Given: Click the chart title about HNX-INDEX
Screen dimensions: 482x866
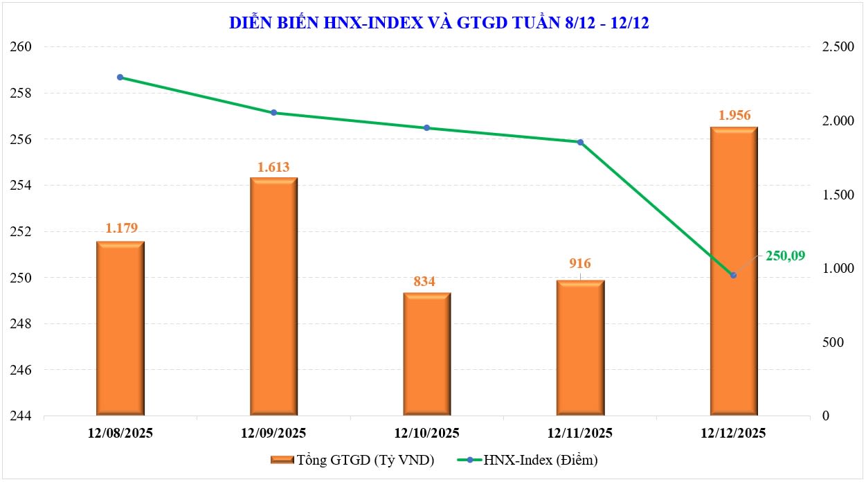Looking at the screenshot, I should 438,23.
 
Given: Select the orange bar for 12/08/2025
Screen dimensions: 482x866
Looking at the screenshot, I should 120,329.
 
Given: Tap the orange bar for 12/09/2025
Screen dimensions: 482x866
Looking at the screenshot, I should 273,297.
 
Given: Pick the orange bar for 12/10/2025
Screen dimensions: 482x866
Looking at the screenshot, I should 427,355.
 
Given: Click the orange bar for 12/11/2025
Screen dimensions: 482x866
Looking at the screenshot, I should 581,348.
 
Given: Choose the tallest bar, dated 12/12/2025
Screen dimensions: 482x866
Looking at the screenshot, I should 734,271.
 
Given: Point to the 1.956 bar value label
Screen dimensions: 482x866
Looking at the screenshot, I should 734,115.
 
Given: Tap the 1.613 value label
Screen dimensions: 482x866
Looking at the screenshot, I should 273,166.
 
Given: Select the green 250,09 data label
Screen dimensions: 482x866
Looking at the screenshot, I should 785,256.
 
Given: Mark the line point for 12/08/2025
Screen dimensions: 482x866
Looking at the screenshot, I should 120,77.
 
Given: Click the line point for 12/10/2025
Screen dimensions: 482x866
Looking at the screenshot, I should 427,127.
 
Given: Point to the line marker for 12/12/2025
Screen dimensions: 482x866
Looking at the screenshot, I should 733,276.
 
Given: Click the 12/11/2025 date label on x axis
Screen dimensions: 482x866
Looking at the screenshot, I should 581,434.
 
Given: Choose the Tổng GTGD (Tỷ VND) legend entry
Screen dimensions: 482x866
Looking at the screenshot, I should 353,460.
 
